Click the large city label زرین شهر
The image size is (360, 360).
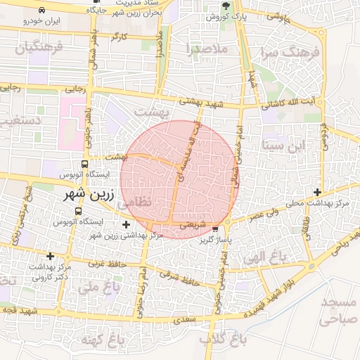click(x=75, y=193)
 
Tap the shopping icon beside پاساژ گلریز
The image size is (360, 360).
click(x=215, y=229)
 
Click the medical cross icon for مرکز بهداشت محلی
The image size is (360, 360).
click(x=318, y=192)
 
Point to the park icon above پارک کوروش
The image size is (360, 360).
click(x=215, y=5)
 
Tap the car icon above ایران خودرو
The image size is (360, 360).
click(x=42, y=11)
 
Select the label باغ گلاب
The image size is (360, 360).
click(x=216, y=339)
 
